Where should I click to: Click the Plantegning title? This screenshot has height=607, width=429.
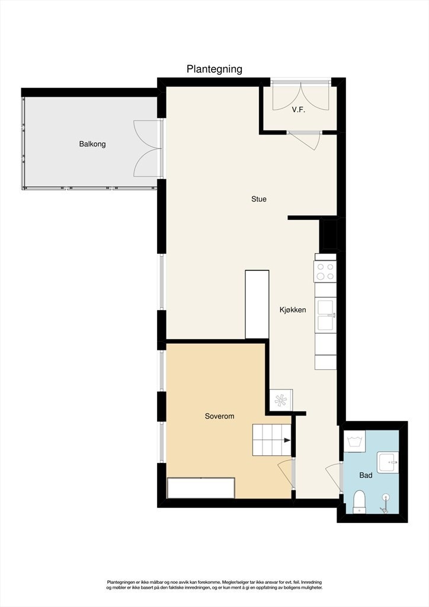[214, 69]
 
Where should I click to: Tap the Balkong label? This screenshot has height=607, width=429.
[92, 144]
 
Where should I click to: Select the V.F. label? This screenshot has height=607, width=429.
[298, 110]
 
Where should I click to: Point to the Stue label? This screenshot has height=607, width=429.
[259, 199]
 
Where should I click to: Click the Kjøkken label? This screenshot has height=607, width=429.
[293, 309]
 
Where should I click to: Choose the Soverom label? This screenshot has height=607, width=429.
[219, 416]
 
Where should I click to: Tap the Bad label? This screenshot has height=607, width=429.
[366, 475]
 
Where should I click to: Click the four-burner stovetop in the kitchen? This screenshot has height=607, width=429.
[325, 271]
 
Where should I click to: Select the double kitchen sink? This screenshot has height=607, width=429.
[325, 315]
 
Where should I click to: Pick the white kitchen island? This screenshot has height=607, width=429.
[257, 304]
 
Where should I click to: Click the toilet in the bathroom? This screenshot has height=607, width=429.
[360, 501]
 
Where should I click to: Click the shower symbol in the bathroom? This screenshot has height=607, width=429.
[386, 501]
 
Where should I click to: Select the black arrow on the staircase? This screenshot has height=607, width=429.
[287, 440]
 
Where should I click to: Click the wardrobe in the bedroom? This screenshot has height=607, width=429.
[201, 488]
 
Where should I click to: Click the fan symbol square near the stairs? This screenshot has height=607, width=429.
[281, 400]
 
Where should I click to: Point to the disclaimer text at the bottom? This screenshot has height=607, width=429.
[214, 585]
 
